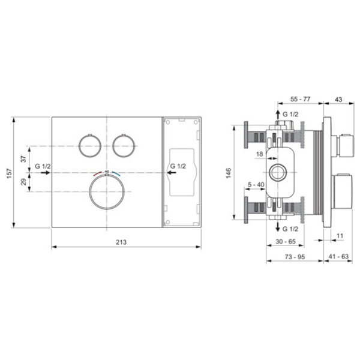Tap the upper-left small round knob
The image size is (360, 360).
(89, 146)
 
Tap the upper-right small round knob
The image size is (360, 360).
(123, 146)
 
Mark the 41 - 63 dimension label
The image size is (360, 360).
(337, 257)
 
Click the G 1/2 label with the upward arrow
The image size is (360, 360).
(290, 114)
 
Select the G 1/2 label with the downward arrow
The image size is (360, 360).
(290, 230)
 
